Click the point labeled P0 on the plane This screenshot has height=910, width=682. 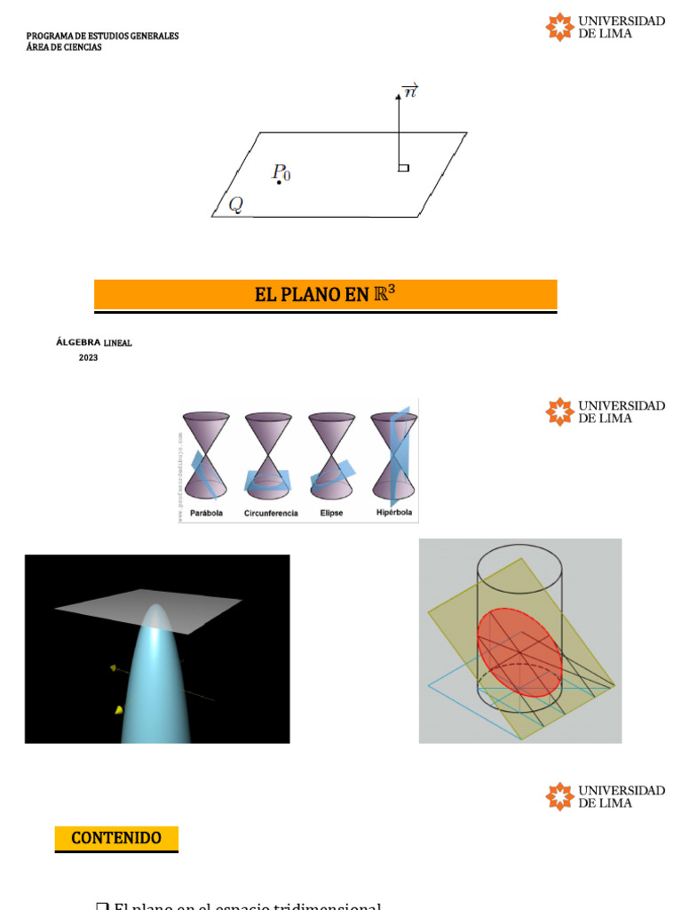279,182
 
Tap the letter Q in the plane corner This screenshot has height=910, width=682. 235,204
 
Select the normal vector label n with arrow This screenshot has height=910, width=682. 409,90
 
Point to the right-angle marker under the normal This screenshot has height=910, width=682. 403,167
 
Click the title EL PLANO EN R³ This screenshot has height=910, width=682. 325,295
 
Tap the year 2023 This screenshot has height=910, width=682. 88,357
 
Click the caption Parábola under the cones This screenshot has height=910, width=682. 206,514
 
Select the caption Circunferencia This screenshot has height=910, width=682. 271,514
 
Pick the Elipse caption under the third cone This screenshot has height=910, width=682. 331,514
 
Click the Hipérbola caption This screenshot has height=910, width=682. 393,514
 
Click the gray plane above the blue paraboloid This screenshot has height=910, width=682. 148,611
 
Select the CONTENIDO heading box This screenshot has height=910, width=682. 116,838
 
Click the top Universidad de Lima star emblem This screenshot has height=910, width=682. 559,27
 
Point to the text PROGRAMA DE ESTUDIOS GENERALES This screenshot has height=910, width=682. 102,36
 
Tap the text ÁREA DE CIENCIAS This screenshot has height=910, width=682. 64,47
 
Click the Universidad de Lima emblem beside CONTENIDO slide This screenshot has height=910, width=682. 559,796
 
